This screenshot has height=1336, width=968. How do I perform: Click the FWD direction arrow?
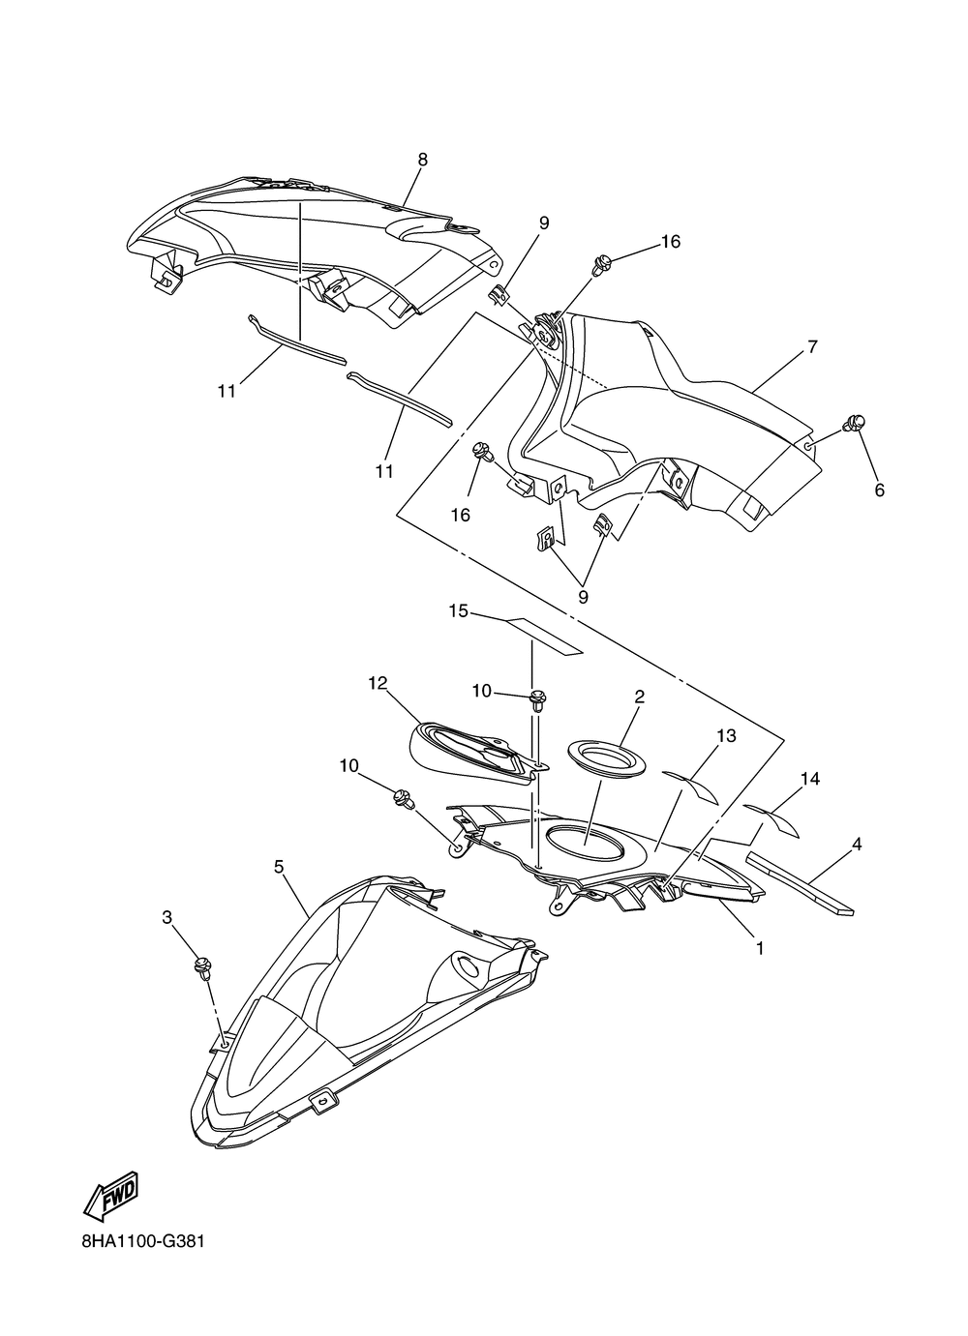point(112,1196)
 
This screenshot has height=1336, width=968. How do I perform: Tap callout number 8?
point(422,160)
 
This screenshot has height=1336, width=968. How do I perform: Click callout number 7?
point(812,345)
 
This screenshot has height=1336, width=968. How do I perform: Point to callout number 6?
point(879,490)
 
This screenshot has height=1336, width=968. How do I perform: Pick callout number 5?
point(279,867)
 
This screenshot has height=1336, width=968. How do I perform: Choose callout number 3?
point(166,915)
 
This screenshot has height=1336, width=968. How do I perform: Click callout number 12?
point(378,683)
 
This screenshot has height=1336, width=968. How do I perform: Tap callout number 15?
point(458,610)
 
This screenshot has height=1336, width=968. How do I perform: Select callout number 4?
point(856,845)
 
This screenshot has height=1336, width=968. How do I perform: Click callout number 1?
point(760,949)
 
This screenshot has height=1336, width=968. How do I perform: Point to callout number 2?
point(640,697)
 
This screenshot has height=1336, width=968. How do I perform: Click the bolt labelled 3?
point(202,965)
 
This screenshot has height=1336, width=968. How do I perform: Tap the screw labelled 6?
point(855,423)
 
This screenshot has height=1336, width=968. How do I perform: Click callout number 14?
point(810,778)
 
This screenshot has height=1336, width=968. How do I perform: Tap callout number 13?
point(726,736)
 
